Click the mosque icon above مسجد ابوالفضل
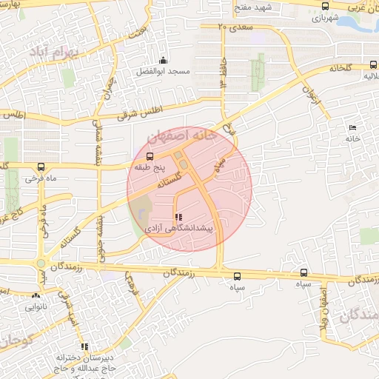coord(164,61)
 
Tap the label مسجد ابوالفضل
coord(161,73)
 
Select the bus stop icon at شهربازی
coord(325,6)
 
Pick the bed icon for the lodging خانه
coord(352,127)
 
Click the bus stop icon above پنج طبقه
coord(150,157)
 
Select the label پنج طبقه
coord(149,168)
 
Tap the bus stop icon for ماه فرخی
coord(41,166)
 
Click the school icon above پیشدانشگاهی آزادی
coord(178,218)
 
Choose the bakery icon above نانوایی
coord(36,295)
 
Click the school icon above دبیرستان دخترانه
coord(84,346)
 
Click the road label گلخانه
coord(338,68)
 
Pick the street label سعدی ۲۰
coord(236,27)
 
